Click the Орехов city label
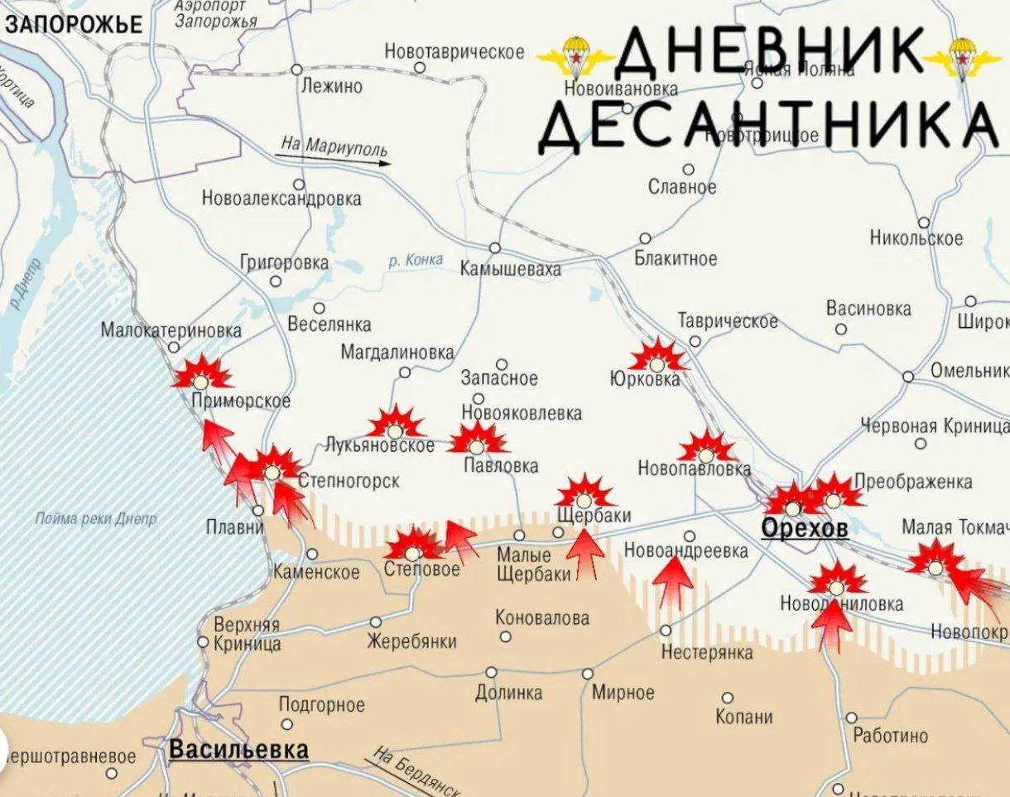coord(805,529)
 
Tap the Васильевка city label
coord(238,750)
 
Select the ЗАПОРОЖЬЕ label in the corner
coord(73,25)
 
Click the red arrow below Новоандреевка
coord(672,583)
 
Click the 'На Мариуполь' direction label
coord(334,147)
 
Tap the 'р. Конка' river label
coord(416,261)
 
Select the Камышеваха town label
coord(511,268)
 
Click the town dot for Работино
coord(851,718)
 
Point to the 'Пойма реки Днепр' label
coord(95,519)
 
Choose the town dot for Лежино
coord(296,70)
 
